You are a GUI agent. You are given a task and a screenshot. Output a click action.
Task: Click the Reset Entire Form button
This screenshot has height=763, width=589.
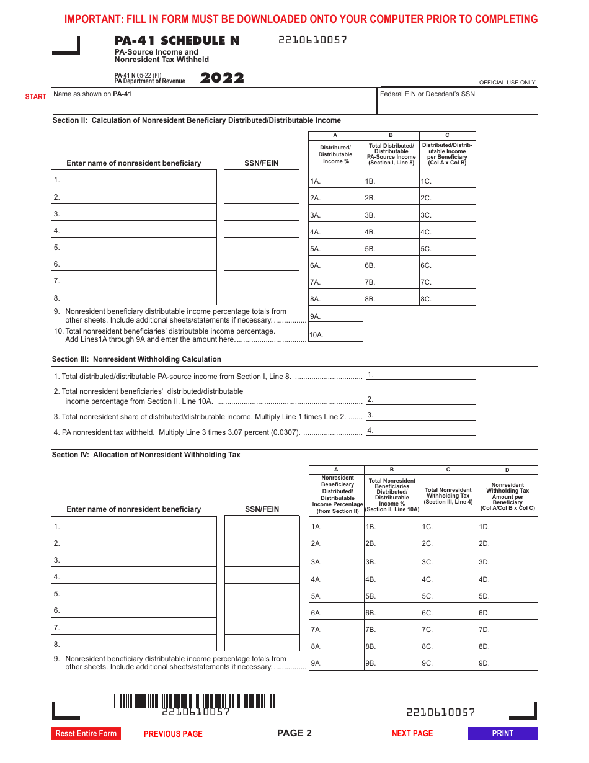pyautogui.click(x=86, y=733)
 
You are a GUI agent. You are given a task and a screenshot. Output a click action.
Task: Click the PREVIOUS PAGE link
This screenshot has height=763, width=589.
pyautogui.click(x=173, y=734)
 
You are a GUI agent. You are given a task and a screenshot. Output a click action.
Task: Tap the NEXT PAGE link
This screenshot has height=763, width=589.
pyautogui.click(x=412, y=733)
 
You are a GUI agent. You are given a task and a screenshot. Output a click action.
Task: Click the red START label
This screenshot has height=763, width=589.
pyautogui.click(x=36, y=97)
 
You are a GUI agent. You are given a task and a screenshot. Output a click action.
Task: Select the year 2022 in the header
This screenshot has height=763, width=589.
pyautogui.click(x=222, y=78)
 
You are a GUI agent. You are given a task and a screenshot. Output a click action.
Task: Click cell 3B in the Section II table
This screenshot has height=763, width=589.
pyautogui.click(x=391, y=215)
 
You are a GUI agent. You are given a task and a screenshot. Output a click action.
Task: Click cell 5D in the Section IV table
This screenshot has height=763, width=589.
pyautogui.click(x=507, y=596)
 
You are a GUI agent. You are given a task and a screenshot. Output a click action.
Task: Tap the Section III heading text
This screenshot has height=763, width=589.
pyautogui.click(x=136, y=359)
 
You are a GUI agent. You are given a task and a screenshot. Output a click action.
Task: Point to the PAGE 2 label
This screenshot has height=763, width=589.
pyautogui.click(x=294, y=733)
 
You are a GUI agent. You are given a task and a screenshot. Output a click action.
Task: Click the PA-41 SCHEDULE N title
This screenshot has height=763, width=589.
pyautogui.click(x=177, y=41)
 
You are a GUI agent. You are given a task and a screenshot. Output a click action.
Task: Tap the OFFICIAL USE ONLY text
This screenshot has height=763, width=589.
pyautogui.click(x=507, y=83)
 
